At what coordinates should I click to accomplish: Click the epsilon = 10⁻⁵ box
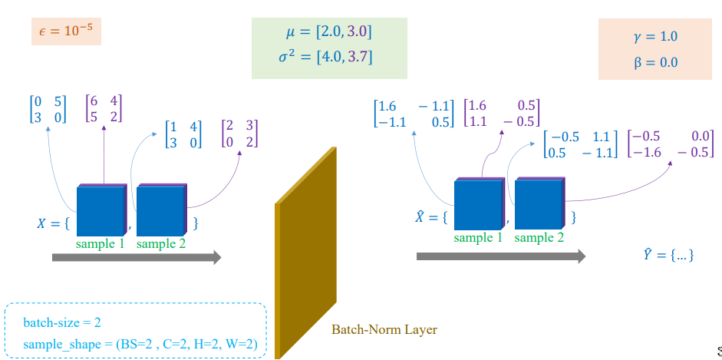[x=66, y=31]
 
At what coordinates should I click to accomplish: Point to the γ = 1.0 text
[x=655, y=37]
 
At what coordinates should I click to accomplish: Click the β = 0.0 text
[x=656, y=62]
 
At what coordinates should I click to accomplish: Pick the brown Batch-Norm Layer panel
[x=305, y=253]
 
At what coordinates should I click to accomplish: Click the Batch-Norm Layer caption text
[x=384, y=329]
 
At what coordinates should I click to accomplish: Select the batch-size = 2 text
[x=62, y=322]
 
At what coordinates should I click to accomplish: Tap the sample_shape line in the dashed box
[x=140, y=344]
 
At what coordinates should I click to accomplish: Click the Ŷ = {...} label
[x=668, y=255]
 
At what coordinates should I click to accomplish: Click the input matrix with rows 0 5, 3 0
[x=48, y=109]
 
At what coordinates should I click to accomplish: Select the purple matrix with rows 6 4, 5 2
[x=104, y=108]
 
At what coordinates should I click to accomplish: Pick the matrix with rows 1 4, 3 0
[x=183, y=134]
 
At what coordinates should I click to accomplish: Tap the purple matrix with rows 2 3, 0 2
[x=239, y=134]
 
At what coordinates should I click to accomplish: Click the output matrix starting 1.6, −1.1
[x=414, y=114]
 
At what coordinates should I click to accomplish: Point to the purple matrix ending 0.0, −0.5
[x=671, y=144]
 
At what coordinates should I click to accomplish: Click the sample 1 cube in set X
[x=101, y=210]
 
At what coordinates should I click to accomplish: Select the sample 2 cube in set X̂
[x=539, y=203]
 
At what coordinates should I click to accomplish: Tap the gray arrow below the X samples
[x=137, y=257]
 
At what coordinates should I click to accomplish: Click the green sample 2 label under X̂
[x=539, y=237]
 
